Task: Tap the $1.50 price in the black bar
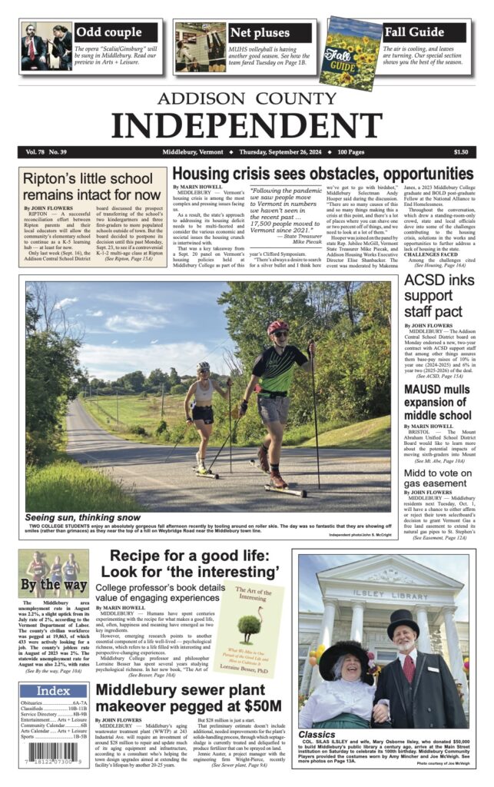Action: (460, 152)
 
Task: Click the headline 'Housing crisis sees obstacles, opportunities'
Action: (322, 174)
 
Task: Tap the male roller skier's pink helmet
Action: (278, 327)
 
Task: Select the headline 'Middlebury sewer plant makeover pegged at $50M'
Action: (188, 698)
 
